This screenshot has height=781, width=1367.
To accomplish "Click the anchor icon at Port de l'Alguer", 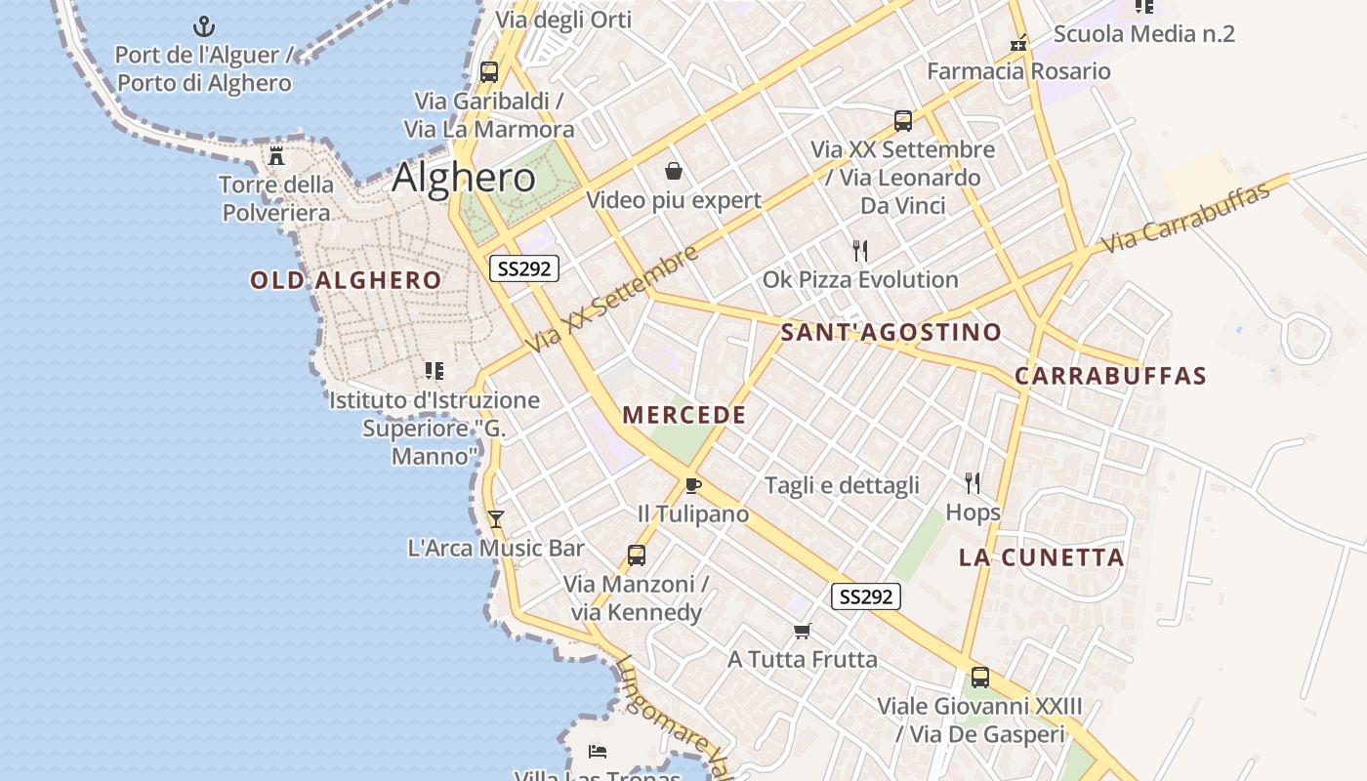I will point(204,26).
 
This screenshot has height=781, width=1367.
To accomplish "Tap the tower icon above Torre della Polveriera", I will point(276,155).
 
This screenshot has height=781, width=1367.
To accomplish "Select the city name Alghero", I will point(464,178).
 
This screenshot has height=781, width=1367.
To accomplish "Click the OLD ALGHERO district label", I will point(346,281).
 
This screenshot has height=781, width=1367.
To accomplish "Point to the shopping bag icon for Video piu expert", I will point(674,172).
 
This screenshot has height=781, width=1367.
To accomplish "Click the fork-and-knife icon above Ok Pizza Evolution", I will point(860,251).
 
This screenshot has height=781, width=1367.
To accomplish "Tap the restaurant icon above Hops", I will point(973,483).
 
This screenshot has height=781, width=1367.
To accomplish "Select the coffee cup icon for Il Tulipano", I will point(693,485).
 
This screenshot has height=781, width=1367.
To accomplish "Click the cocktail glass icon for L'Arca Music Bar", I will point(496,519).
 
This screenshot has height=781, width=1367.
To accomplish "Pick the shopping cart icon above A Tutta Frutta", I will point(803,631).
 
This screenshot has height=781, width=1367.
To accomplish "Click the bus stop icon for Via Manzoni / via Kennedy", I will point(637,555).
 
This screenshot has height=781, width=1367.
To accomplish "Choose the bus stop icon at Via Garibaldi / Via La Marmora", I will point(489,72).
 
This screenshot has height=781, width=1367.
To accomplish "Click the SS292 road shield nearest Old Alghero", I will point(524,268).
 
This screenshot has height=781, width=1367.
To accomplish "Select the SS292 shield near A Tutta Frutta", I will point(866,596).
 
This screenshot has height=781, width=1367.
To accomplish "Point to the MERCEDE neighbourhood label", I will point(684,416).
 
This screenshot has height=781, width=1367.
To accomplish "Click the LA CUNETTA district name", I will point(1042,558).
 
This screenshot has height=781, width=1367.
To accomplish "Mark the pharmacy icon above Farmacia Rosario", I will point(1018,43).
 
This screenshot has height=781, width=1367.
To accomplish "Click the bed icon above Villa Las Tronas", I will point(598,751).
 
